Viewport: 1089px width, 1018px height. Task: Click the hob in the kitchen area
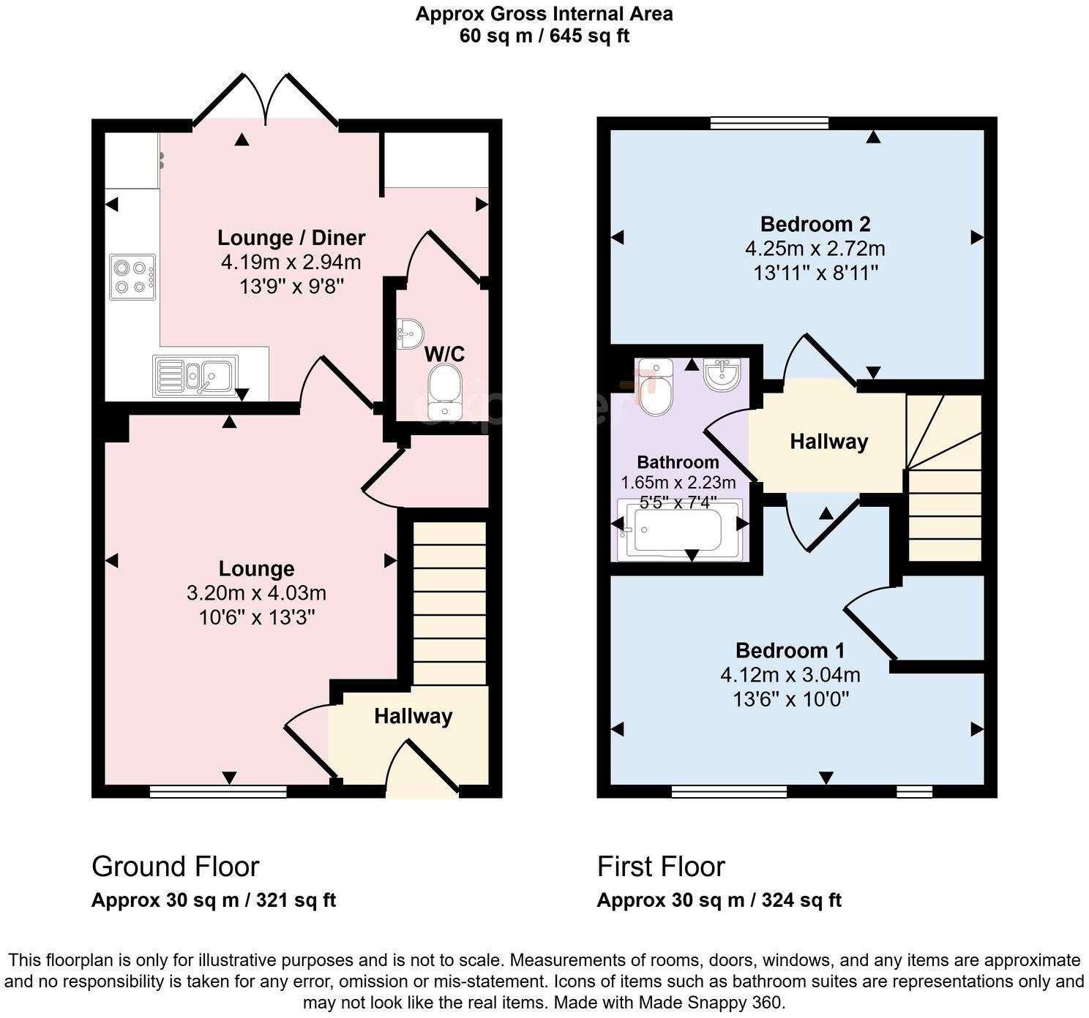(x=132, y=277)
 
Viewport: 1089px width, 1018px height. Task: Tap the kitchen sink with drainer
(x=195, y=376)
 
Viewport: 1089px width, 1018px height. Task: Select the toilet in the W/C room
(x=444, y=392)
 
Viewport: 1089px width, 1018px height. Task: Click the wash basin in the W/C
(x=408, y=333)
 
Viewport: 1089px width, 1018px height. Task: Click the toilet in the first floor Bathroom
(x=654, y=386)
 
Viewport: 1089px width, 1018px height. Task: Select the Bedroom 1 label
(x=790, y=650)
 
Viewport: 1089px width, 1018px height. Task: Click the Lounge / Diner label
(x=291, y=238)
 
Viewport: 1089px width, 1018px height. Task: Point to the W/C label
(x=444, y=355)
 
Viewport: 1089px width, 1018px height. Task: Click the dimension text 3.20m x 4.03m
(x=256, y=593)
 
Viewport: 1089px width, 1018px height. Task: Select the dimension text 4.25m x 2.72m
(x=815, y=249)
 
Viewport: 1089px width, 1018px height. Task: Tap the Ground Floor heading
(x=175, y=867)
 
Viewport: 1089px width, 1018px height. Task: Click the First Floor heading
(x=660, y=867)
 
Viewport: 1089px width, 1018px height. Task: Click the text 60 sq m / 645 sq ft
(x=544, y=36)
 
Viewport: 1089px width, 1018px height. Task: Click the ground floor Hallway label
(x=413, y=716)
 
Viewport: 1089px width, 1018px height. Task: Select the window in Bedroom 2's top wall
(x=769, y=123)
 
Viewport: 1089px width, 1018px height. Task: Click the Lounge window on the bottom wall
(x=218, y=791)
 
